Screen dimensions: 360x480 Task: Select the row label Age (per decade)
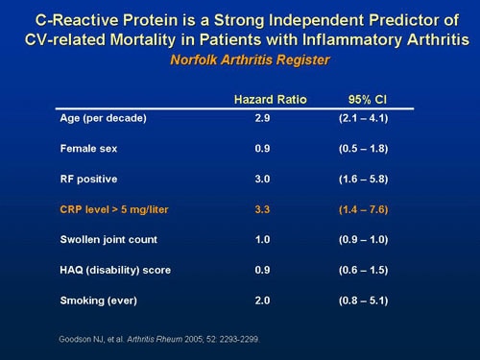pyautogui.click(x=100, y=118)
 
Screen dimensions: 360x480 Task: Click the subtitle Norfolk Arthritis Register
pyautogui.click(x=240, y=60)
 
